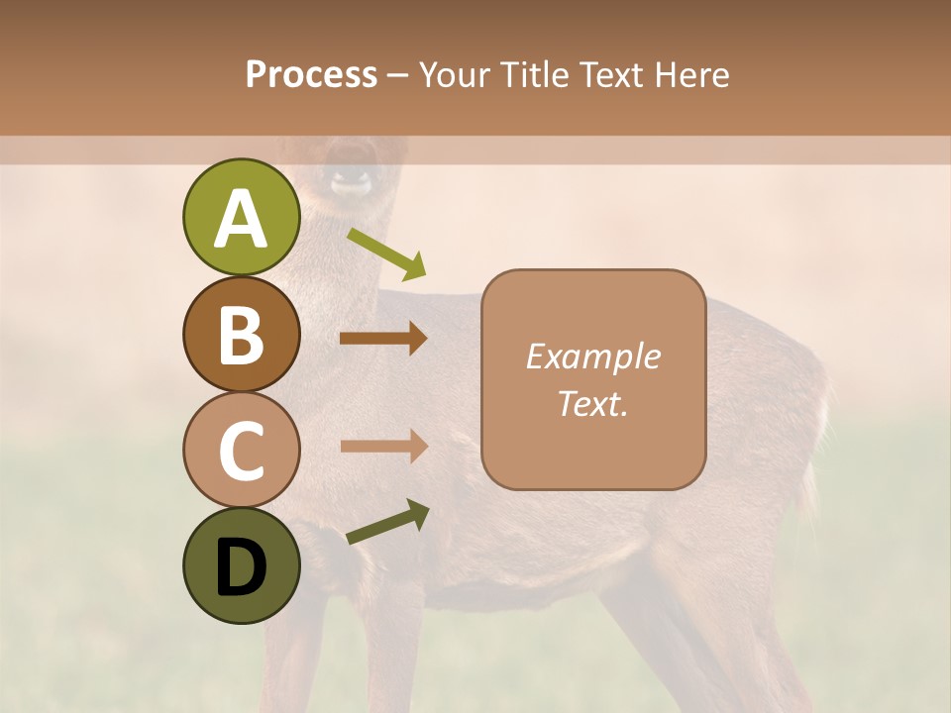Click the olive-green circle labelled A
pos(241,218)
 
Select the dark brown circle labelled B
pos(241,334)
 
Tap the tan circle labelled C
pos(241,450)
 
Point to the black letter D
pos(241,566)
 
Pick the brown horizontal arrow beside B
pos(382,339)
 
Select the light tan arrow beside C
pos(382,447)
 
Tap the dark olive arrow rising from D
pos(387,522)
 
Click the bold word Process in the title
pos(311,75)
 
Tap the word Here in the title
pos(693,75)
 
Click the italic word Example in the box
pos(592,356)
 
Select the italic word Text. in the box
pos(592,403)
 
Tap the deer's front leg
pos(386,644)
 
